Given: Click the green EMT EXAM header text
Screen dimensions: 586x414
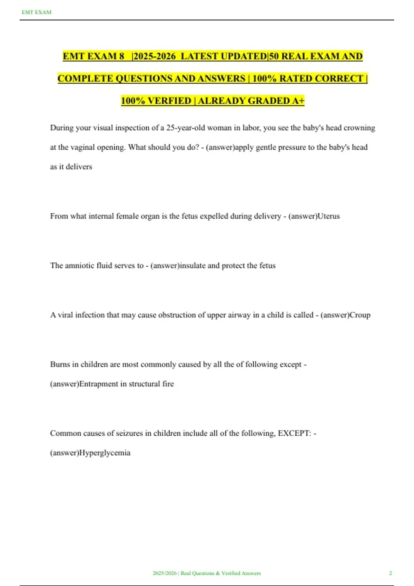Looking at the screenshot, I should coord(36,12).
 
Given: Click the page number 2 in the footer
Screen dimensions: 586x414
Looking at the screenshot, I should coord(391,573).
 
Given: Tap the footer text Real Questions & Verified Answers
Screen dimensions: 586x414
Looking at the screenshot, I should coord(220,573).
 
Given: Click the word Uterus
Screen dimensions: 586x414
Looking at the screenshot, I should coord(328,216).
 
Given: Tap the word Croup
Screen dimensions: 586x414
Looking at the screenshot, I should coord(360,315).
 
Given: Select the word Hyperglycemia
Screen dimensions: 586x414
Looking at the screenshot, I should coord(105,453).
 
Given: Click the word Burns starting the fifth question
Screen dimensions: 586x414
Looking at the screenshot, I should coord(60,364).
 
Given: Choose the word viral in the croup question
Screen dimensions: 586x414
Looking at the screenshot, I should coord(65,315).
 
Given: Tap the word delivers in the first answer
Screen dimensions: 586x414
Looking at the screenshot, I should coord(79,167).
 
